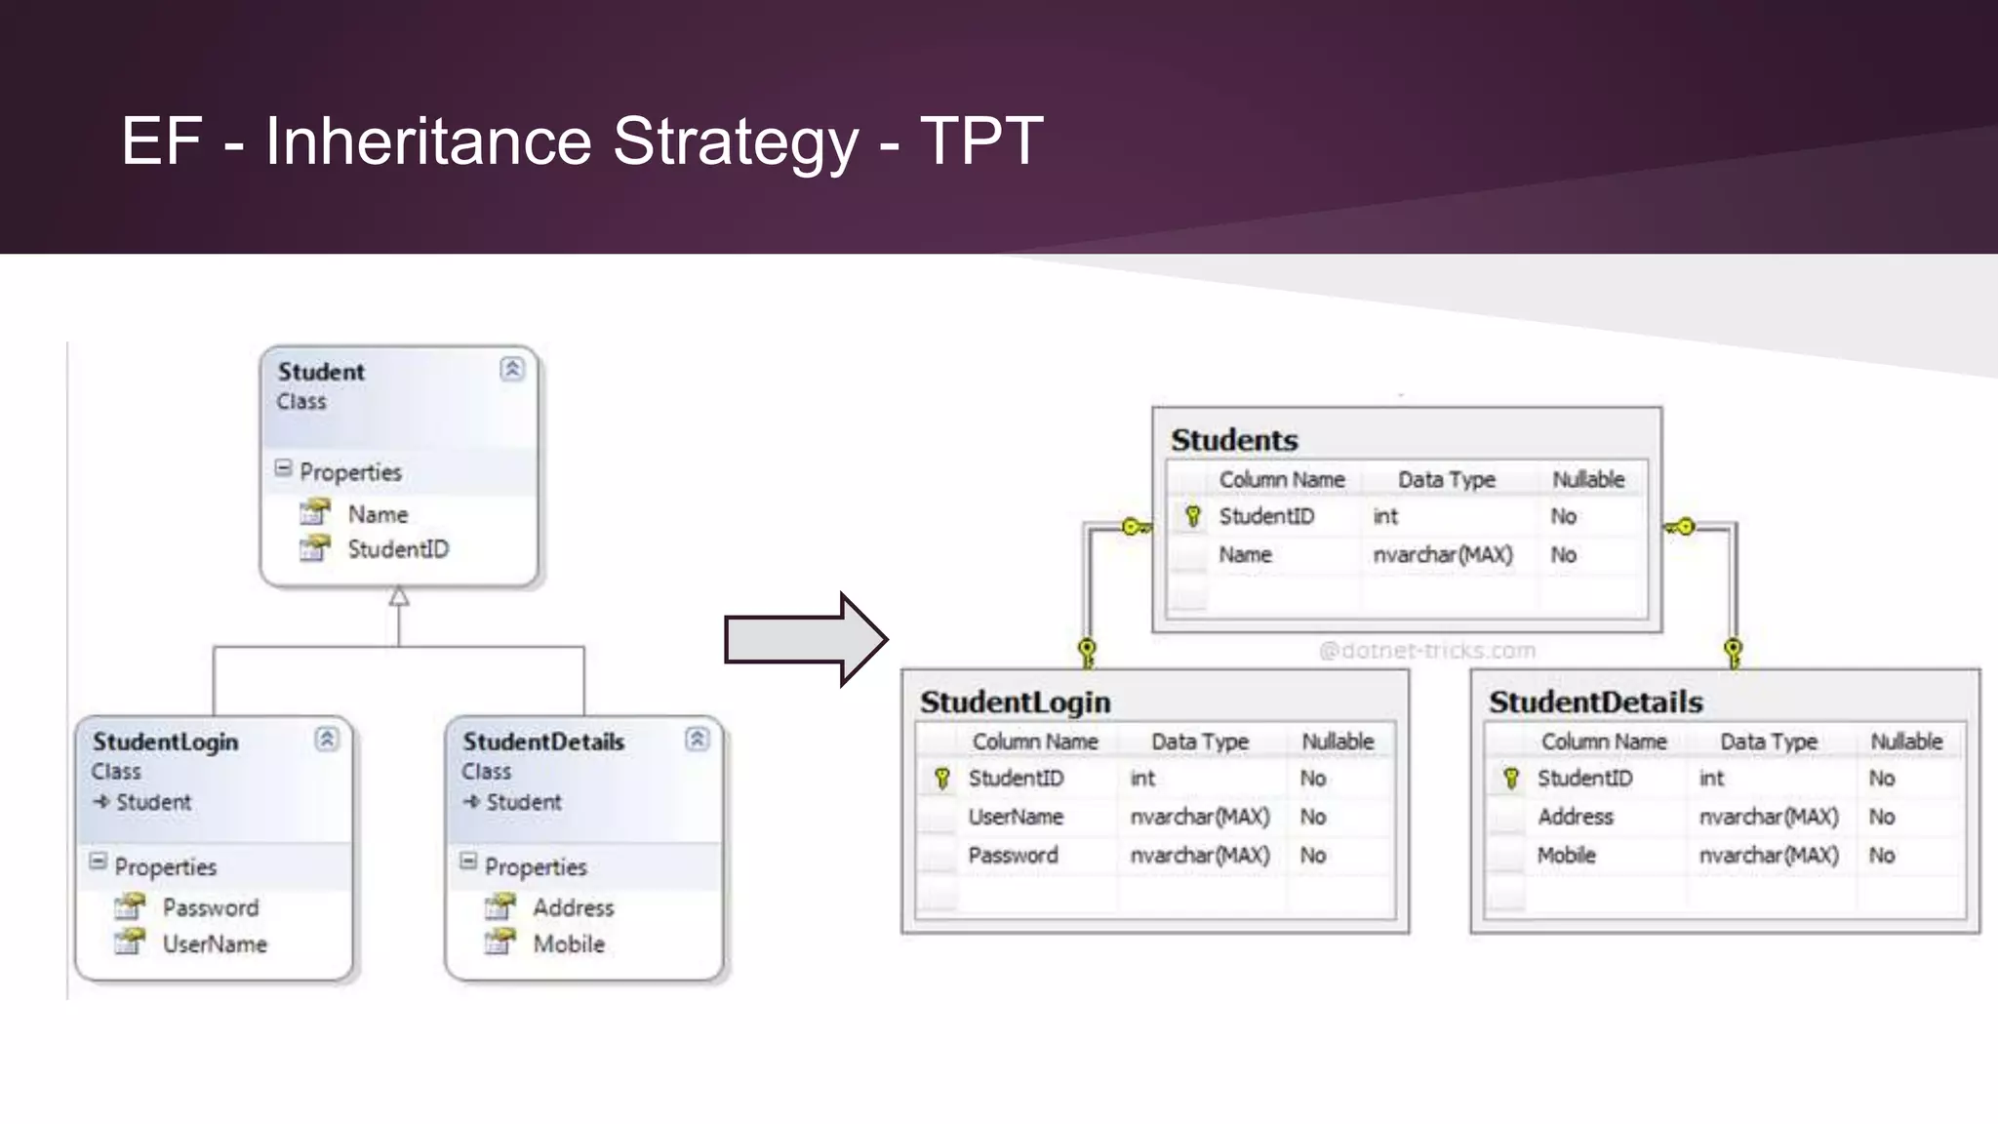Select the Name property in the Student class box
coord(378,514)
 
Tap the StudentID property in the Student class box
coord(398,549)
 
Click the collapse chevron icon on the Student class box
coord(512,369)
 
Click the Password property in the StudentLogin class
coord(211,907)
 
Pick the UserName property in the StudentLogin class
coord(215,944)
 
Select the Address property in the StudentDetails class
coord(574,907)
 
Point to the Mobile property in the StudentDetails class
coord(569,944)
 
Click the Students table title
coord(1234,440)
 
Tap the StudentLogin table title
coord(1016,702)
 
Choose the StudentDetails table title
coord(1595,702)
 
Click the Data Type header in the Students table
coord(1446,479)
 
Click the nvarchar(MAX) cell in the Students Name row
coord(1443,555)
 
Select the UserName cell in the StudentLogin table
coord(1016,817)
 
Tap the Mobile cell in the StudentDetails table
coord(1566,856)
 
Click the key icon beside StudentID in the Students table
coord(1192,516)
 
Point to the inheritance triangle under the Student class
coord(399,596)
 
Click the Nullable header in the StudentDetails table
coord(1906,742)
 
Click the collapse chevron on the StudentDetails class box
coord(697,739)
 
